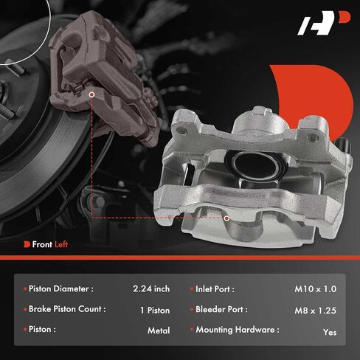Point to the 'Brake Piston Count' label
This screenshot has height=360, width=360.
(67, 310)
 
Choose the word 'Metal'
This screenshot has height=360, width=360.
(159, 330)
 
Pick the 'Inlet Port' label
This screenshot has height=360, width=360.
(221, 289)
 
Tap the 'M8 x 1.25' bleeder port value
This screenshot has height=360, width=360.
(315, 310)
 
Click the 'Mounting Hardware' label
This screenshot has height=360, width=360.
(237, 330)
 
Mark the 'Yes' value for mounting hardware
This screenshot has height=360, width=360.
(330, 332)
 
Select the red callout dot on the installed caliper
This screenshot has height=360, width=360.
(91, 94)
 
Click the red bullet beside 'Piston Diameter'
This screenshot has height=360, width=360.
(27, 289)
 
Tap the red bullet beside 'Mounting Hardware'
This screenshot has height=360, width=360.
(191, 330)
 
